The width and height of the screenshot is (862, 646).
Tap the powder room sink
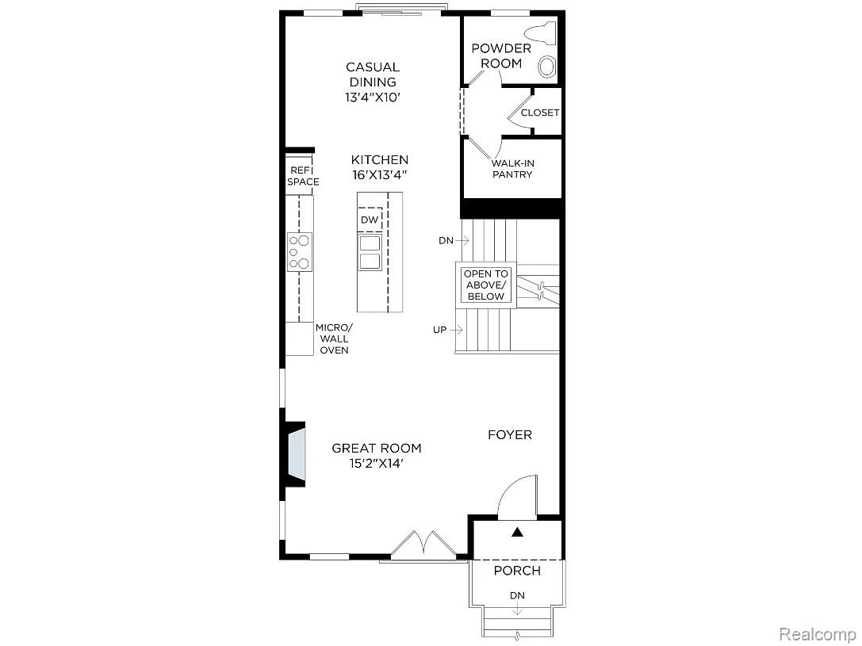pos(547,67)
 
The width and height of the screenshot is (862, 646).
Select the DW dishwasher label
pos(370,220)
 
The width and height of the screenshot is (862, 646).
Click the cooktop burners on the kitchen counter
pos(299,252)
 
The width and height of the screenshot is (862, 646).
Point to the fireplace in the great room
pos(295,453)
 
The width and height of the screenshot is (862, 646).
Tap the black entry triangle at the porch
pos(517,532)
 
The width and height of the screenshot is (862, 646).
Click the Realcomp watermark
pos(816,633)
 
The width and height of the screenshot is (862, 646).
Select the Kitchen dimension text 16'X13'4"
pos(380,175)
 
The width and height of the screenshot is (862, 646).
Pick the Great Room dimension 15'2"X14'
pos(377,464)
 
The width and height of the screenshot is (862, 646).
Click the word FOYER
pos(510,435)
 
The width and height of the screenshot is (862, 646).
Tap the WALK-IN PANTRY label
pos(512,169)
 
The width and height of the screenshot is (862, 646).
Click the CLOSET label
pos(540,113)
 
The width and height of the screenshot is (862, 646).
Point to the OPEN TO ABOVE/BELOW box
pos(486,285)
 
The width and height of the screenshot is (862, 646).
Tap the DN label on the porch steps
pos(517,595)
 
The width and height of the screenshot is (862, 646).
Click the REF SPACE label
pos(302,176)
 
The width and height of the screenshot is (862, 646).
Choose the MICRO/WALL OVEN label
pos(334,338)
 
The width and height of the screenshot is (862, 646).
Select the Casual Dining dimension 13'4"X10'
pos(371,97)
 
